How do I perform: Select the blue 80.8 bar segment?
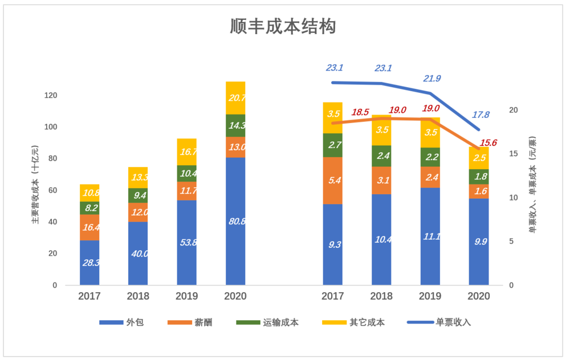coord(235,221)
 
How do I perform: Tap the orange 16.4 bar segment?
coord(89,227)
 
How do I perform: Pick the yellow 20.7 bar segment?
coord(235,98)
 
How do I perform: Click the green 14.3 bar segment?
coord(235,125)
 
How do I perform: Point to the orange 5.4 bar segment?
coord(332,181)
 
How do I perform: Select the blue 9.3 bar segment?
coord(332,244)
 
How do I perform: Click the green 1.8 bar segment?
coord(479,177)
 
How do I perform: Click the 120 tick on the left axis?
coord(51,96)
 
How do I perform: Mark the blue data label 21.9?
coord(431,79)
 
